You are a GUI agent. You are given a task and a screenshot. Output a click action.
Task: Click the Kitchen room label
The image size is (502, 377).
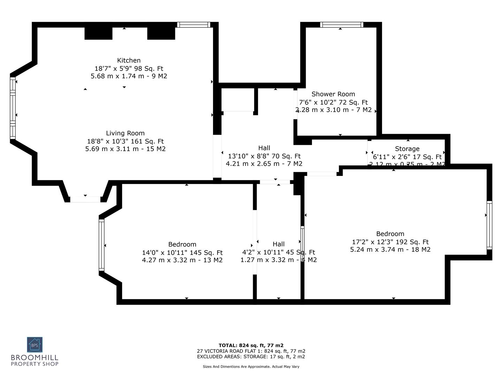point(129,60)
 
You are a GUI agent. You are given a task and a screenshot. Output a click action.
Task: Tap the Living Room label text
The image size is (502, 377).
point(125,133)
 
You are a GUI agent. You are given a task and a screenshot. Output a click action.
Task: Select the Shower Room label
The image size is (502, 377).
point(333,94)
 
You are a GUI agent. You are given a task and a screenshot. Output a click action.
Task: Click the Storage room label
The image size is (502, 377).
point(407,149)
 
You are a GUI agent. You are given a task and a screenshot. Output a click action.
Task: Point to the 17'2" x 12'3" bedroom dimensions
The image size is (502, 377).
point(390,242)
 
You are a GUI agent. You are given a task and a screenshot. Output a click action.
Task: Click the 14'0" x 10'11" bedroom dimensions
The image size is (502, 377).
point(182,252)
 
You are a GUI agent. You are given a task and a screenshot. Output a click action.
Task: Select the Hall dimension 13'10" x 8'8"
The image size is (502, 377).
point(264,156)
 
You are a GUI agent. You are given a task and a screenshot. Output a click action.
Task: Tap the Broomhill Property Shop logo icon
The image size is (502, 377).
point(35,345)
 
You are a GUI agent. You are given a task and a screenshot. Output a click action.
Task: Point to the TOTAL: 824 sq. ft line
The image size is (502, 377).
point(251,345)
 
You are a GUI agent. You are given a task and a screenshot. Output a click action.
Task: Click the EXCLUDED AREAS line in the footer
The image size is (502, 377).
point(251,356)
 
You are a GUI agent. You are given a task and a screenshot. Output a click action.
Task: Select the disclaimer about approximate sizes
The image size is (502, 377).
point(251,367)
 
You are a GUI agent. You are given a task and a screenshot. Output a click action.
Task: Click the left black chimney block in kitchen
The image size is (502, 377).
point(99,33)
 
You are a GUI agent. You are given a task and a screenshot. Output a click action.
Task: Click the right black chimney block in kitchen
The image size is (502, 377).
point(161,33)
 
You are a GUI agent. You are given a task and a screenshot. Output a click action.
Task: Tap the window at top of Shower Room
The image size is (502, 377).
point(342,25)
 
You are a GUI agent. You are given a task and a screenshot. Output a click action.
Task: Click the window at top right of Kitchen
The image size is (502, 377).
point(193,25)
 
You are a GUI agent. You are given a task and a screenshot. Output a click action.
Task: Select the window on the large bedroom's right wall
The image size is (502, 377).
point(489,226)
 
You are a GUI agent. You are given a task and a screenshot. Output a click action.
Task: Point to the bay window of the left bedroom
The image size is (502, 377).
point(101,245)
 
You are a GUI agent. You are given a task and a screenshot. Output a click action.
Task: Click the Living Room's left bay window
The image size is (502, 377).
point(13,108)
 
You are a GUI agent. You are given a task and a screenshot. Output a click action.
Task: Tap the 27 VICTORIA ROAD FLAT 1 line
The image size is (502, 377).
point(251,351)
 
